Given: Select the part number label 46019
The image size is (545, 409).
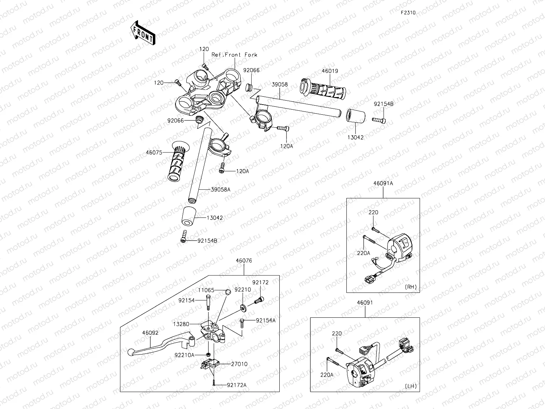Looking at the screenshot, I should tap(330, 71).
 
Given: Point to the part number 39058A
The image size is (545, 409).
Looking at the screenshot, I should tap(221, 189).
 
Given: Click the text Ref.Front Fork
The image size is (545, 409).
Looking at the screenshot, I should tap(234, 55).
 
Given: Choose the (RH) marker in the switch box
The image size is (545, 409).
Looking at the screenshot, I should tap(411, 287).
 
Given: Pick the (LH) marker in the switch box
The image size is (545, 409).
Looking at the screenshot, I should tap(411, 386).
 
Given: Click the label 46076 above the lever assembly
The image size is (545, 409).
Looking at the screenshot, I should tap(244, 261).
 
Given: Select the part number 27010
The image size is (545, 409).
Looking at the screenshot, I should tap(239, 364).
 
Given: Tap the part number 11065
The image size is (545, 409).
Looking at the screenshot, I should tap(206, 290).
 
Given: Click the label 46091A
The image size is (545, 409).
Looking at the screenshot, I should tap(383, 183).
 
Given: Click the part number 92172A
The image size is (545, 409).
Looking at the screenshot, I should tap(237, 385).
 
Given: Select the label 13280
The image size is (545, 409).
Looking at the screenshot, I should tap(181, 324).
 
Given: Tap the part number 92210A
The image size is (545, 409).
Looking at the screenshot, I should tap(185, 355).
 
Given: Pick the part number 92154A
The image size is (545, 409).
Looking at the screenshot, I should tap(266, 320).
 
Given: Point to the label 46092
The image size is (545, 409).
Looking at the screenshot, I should tap(150, 333).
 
